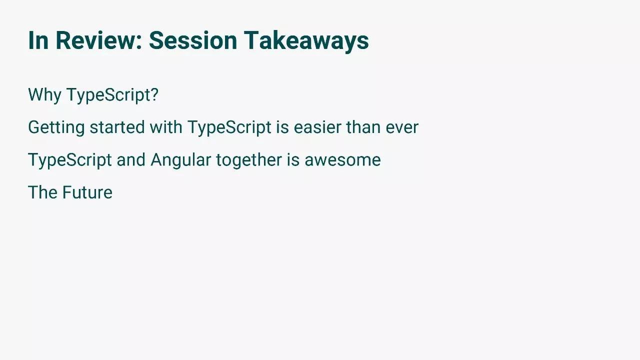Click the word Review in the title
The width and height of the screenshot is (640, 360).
coord(96,40)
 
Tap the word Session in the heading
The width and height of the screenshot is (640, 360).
coord(193,40)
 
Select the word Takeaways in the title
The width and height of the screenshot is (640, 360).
coord(306,41)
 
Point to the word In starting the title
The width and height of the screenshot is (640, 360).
coord(38,40)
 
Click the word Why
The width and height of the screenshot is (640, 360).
coord(44,95)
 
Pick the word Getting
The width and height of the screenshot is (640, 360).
coord(56,127)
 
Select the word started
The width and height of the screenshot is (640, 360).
coord(117,127)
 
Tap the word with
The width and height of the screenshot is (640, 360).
coord(166,127)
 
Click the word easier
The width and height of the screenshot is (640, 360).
coord(317,127)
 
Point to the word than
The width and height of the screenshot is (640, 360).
coord(363,127)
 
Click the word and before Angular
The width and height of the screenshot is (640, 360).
coord(131,159)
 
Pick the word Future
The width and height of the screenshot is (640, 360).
coord(87,192)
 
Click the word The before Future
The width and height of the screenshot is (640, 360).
coord(42,192)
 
